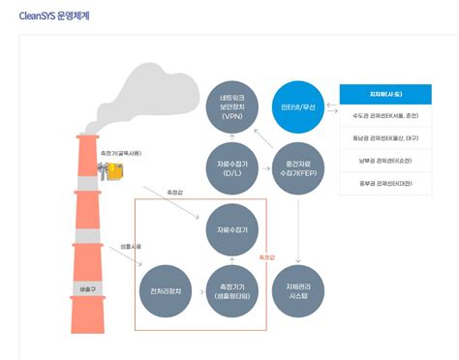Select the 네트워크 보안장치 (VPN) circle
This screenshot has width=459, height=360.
click(232, 107)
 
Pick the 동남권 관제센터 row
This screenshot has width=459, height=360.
click(382, 139)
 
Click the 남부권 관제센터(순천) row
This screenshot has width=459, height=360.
click(382, 161)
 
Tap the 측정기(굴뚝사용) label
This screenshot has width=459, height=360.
click(120, 152)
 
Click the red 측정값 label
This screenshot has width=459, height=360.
click(268, 257)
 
